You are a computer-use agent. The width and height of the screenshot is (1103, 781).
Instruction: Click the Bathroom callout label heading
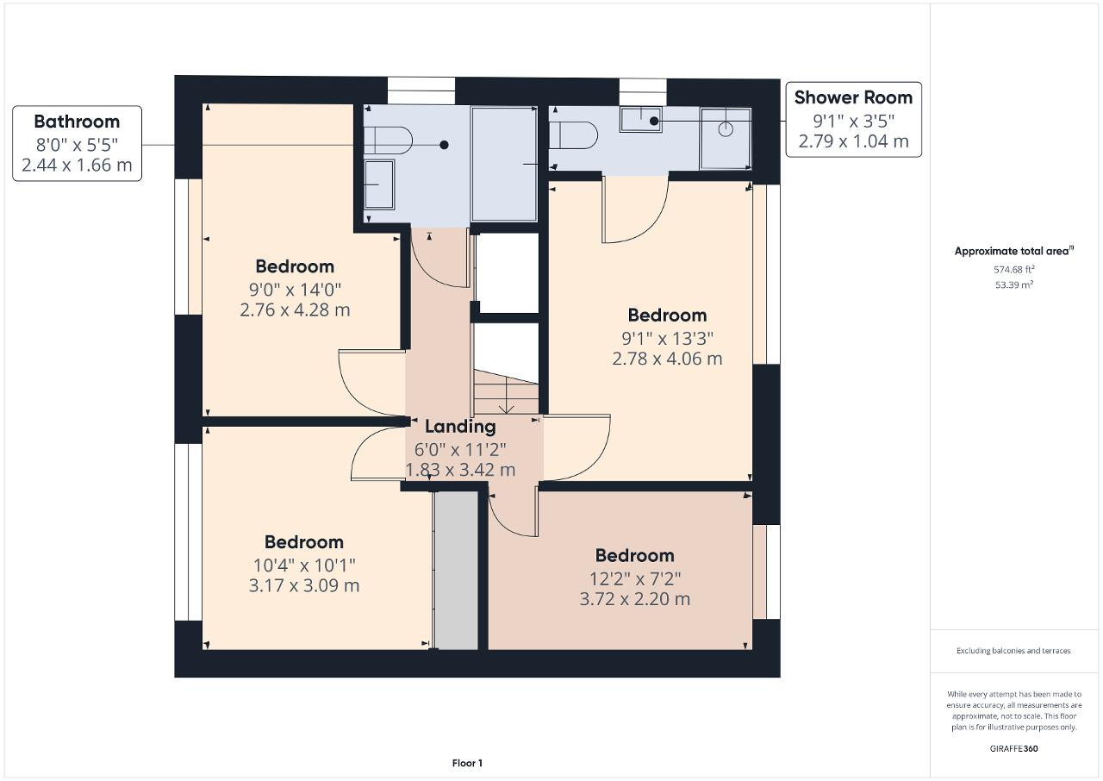click(77, 122)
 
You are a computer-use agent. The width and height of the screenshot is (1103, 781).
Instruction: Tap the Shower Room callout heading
click(853, 97)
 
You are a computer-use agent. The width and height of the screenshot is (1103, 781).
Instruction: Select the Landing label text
click(460, 426)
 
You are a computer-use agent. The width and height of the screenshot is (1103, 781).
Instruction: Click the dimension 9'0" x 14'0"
click(295, 288)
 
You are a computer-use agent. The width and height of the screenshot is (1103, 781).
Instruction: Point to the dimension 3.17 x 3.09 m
click(304, 585)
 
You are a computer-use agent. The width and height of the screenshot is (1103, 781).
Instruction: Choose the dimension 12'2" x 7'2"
click(634, 578)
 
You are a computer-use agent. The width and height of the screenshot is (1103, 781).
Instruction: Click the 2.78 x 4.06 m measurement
click(667, 359)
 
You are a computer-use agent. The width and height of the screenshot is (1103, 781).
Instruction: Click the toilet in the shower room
click(574, 135)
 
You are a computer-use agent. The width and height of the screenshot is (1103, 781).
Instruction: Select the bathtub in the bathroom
click(504, 164)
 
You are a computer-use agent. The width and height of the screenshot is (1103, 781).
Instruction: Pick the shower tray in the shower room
click(725, 137)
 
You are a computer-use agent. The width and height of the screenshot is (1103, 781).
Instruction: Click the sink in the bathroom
click(378, 184)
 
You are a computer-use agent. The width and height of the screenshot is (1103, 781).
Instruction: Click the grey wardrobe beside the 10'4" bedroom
click(455, 570)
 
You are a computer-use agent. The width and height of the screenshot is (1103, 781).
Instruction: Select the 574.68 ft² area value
click(1013, 269)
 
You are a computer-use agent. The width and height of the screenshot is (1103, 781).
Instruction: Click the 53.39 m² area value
click(1013, 284)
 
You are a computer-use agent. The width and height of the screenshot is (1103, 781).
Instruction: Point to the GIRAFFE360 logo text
click(1013, 748)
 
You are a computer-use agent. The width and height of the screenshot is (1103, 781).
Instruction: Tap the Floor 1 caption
click(467, 763)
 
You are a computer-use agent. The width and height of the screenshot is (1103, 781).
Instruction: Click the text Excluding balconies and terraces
click(1013, 651)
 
